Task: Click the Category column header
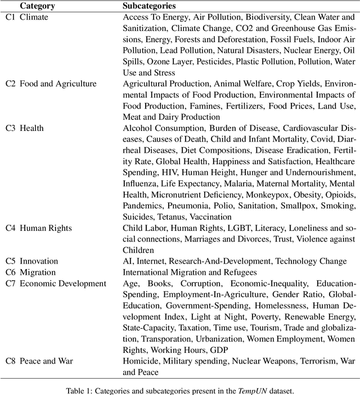click(37, 6)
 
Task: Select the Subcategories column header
click(149, 6)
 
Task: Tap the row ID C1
click(11, 17)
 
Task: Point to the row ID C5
click(11, 261)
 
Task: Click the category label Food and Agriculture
click(58, 84)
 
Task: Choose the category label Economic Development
click(62, 283)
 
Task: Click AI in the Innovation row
click(128, 261)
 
